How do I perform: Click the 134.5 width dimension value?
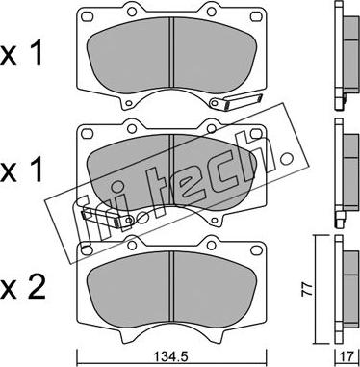click(171, 357)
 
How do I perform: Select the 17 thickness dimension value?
click(348, 356)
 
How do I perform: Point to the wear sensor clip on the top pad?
click(236, 101)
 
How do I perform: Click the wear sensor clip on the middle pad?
click(106, 219)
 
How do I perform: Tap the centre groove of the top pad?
click(171, 52)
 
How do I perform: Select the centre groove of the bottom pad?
click(171, 286)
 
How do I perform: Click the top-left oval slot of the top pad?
click(88, 15)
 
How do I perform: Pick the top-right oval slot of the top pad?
click(255, 15)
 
